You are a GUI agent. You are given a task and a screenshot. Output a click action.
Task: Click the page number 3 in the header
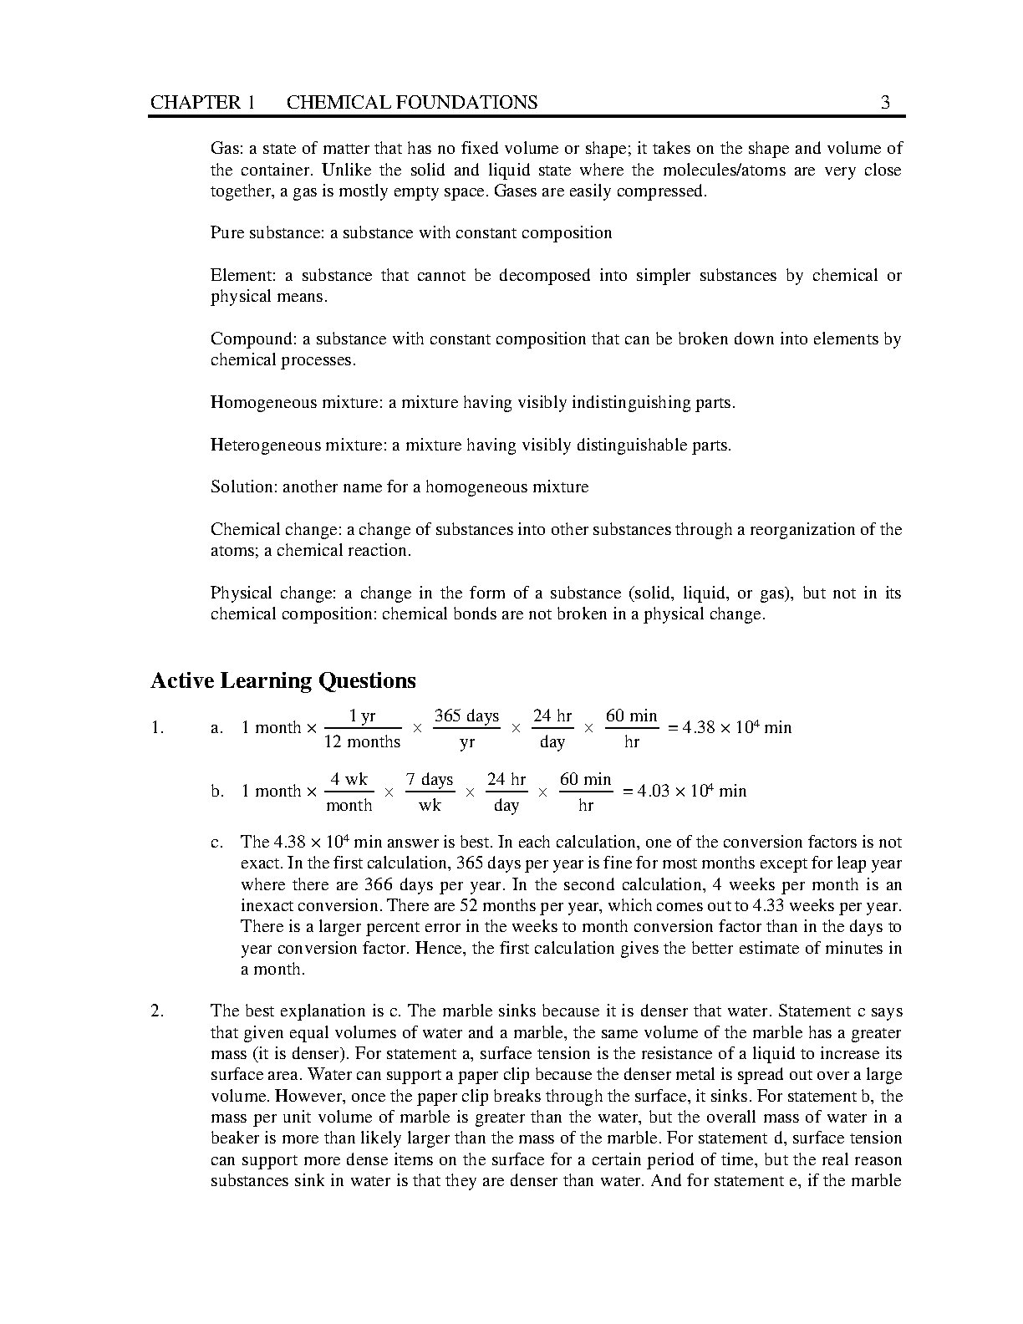pyautogui.click(x=885, y=103)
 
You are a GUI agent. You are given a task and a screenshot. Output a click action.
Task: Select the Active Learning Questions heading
pyautogui.click(x=282, y=681)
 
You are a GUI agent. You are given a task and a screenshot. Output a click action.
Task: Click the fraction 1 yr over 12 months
pyautogui.click(x=362, y=729)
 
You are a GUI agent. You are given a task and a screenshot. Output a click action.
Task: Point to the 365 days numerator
pyautogui.click(x=466, y=716)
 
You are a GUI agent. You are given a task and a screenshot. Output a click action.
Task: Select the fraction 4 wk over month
pyautogui.click(x=349, y=792)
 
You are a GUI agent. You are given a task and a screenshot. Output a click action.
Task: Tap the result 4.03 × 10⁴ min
pyautogui.click(x=691, y=792)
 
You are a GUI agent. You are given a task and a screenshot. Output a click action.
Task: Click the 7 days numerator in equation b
pyautogui.click(x=430, y=780)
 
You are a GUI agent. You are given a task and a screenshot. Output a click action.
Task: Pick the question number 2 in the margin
pyautogui.click(x=156, y=1011)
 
